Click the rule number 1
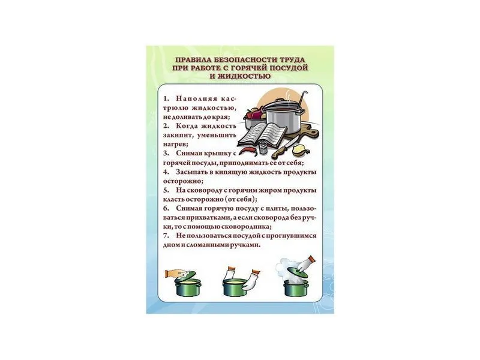coord(165,97)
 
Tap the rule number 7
coord(165,236)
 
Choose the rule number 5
coord(165,190)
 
